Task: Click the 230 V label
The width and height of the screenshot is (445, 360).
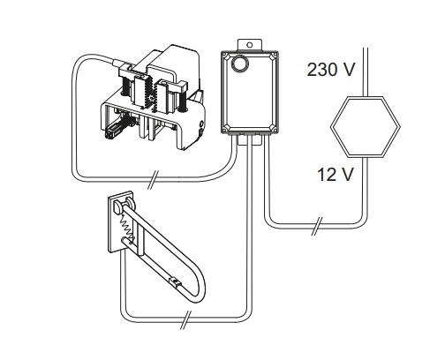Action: pos(331,70)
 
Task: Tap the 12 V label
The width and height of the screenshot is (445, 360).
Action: pos(336,174)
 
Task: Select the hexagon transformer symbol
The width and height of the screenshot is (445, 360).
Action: pos(366,127)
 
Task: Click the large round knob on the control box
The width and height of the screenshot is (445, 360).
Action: pos(239,64)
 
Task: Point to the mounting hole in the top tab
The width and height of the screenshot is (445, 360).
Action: pos(250,45)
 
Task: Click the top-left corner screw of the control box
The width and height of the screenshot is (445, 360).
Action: pos(225,55)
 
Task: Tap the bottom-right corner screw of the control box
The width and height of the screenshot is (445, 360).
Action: pos(274,128)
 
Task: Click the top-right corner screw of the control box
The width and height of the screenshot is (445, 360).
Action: pos(274,55)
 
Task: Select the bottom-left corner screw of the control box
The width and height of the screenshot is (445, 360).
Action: pos(225,129)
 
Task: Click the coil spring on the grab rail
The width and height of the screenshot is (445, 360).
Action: pos(126,225)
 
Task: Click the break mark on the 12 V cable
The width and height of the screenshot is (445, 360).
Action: pos(317,227)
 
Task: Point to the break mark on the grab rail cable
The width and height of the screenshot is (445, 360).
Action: pos(186,319)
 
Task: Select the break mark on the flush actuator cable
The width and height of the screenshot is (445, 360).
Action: pos(153,179)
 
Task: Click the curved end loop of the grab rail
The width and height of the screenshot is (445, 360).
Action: pos(198,289)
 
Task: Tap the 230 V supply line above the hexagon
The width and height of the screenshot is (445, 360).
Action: pos(366,71)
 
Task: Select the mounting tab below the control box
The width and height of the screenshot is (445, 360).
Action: pos(249,140)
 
